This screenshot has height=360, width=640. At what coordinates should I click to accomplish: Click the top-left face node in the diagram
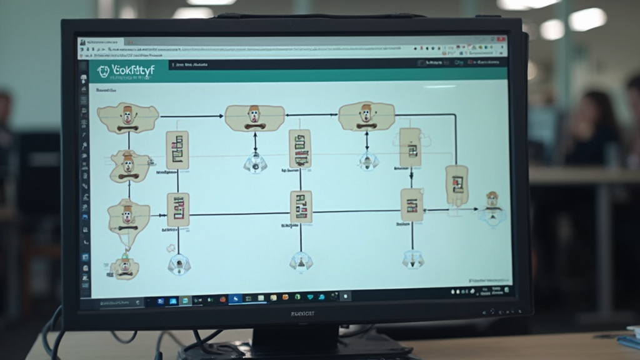pos(128,118)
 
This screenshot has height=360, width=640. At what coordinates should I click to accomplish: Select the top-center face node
pos(254,117)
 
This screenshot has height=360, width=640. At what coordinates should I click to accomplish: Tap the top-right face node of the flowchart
pos(366,116)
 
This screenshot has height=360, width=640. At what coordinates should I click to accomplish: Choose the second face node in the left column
pos(129,166)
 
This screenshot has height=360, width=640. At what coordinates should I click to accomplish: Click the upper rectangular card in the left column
pos(177,150)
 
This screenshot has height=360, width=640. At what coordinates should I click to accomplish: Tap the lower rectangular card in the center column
pos(301,207)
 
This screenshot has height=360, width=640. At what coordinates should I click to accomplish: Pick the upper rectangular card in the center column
pos(300,148)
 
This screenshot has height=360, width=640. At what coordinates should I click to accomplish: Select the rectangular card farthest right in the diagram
pos(457,185)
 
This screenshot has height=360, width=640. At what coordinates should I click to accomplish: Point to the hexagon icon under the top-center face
pos(255,163)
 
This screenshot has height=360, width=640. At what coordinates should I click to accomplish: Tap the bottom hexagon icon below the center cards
pos(301,261)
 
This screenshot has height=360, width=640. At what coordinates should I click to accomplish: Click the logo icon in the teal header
pos(103,71)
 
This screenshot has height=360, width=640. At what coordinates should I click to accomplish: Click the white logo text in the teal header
pos(132,71)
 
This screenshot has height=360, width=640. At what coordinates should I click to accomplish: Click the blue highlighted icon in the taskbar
pos(236,299)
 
